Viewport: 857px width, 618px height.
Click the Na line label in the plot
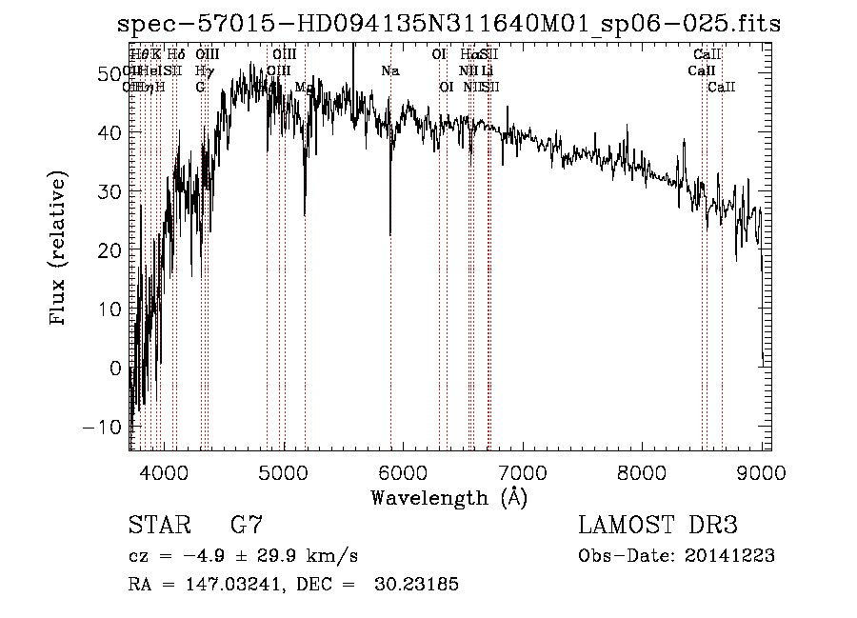pyautogui.click(x=389, y=70)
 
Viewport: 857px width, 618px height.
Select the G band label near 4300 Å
pyautogui.click(x=200, y=87)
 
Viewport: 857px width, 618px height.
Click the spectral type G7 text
pyautogui.click(x=247, y=525)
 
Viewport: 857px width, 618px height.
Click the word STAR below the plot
pyautogui.click(x=159, y=525)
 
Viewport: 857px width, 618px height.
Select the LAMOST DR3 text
pyautogui.click(x=658, y=525)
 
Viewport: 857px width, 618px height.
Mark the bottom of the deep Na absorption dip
pyautogui.click(x=390, y=233)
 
